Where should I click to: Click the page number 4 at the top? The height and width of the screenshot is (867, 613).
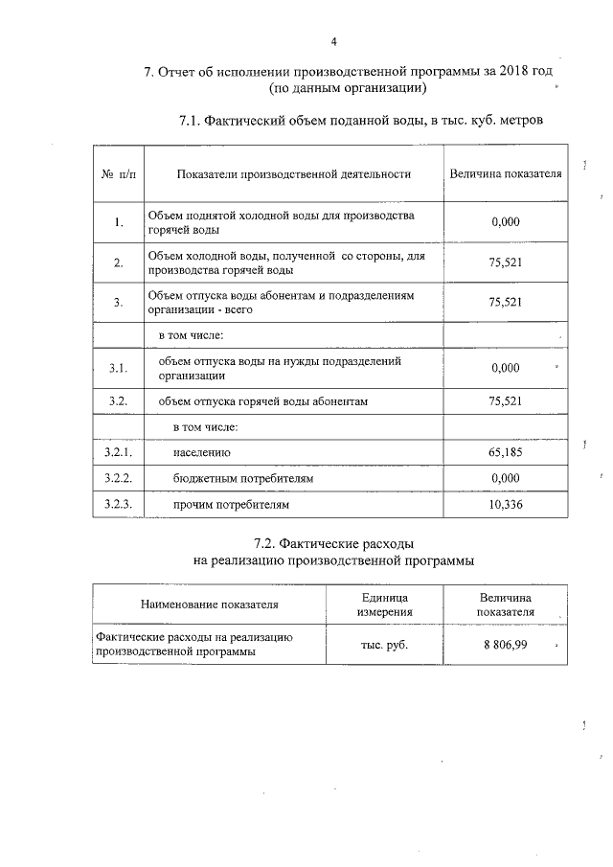[x=333, y=41]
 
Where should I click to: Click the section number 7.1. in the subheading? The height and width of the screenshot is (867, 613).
[x=194, y=121]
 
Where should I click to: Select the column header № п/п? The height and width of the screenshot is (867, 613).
[x=118, y=174]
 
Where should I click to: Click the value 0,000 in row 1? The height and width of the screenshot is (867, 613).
[x=505, y=222]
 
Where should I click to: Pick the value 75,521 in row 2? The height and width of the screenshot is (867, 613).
[x=505, y=262]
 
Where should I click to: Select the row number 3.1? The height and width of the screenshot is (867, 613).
[x=118, y=368]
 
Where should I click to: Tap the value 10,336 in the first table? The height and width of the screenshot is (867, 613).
[x=505, y=504]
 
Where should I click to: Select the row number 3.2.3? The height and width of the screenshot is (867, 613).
[x=118, y=504]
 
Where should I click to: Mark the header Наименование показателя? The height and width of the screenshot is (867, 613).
[x=209, y=605]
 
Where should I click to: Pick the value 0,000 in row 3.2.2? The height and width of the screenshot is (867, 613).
[x=505, y=477]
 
